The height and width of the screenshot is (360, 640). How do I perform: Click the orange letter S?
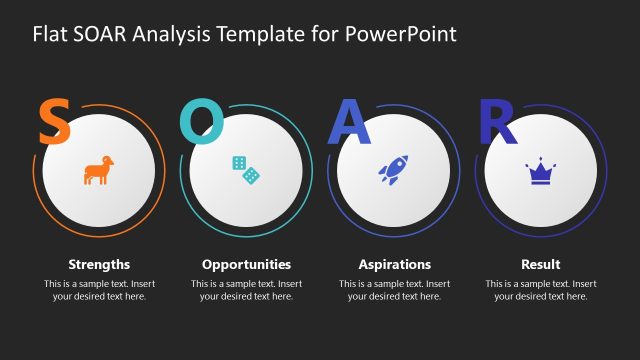tap(54, 122)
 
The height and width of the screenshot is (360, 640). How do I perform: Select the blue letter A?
tap(350, 122)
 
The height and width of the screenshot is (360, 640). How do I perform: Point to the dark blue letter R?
tap(497, 122)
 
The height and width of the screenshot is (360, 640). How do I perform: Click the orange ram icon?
tap(98, 171)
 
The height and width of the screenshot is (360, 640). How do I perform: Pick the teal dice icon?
tap(246, 170)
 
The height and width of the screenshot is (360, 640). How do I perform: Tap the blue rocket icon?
tap(393, 170)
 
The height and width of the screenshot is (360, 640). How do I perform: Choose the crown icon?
tap(541, 172)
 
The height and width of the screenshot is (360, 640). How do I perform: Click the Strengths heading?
tap(99, 265)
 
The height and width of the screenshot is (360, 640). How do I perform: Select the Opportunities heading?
tap(246, 265)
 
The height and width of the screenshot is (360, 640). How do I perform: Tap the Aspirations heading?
tap(394, 265)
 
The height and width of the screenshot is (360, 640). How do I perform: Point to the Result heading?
tap(541, 265)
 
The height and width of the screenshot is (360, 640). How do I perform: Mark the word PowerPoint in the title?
tap(401, 34)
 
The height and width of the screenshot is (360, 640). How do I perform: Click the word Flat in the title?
tap(50, 34)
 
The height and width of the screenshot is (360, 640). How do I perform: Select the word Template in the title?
tap(258, 34)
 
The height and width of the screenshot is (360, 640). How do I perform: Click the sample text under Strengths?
tap(99, 290)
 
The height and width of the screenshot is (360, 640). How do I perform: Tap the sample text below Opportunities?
tap(246, 290)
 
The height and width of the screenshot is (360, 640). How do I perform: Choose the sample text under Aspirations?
tap(394, 290)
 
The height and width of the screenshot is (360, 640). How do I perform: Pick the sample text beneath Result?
tap(541, 290)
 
